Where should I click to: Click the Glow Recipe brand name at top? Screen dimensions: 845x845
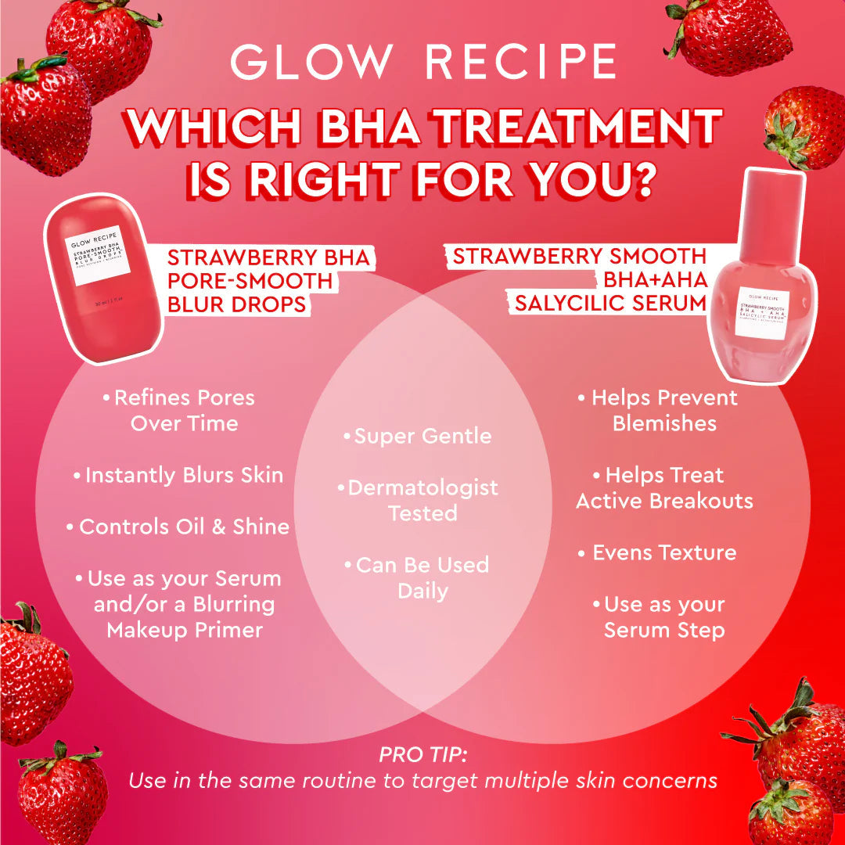422,62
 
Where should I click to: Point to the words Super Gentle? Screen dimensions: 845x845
422,436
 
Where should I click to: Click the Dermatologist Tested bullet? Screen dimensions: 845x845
422,500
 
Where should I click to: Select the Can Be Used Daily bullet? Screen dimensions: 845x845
422,577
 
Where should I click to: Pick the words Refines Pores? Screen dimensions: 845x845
185,397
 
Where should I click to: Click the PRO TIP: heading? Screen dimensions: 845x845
422,755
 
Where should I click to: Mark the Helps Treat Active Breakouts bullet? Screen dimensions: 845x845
664,487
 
